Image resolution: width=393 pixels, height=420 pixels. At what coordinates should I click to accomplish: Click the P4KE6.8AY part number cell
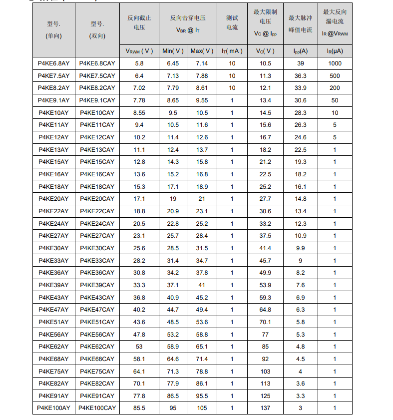point(53,63)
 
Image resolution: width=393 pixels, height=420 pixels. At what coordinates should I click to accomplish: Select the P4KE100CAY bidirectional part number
point(97,408)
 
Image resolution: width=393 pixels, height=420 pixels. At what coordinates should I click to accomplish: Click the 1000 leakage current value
point(335,63)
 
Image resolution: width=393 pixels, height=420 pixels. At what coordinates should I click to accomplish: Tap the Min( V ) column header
point(173,51)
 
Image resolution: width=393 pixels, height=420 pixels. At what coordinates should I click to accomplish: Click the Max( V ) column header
point(202,51)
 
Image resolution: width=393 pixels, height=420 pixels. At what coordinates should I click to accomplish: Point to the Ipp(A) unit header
point(300,51)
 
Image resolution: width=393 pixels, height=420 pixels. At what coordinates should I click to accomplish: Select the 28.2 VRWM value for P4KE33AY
point(139,260)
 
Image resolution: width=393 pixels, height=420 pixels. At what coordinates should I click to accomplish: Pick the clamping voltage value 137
point(265,408)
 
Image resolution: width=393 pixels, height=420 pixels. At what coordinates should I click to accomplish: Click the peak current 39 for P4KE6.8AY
point(300,63)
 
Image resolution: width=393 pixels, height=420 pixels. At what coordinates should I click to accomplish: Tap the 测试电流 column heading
point(232,23)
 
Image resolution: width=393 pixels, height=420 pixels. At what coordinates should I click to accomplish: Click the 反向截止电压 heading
point(139,23)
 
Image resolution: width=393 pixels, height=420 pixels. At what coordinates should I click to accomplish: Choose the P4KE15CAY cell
point(97,162)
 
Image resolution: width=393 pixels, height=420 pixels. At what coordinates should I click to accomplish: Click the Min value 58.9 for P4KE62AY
point(173,346)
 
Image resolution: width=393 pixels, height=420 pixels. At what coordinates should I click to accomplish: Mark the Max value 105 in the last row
point(202,408)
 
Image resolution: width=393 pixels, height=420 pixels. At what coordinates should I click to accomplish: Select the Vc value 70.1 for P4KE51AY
point(265,322)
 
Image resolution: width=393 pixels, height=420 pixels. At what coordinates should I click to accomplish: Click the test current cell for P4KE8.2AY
point(232,88)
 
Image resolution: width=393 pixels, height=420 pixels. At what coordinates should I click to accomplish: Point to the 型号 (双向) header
point(97,29)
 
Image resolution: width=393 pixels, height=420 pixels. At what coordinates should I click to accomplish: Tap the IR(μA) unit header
point(335,51)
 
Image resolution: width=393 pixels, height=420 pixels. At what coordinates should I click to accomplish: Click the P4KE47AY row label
point(53,310)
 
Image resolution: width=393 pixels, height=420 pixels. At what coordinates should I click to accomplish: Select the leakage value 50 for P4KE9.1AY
point(335,100)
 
